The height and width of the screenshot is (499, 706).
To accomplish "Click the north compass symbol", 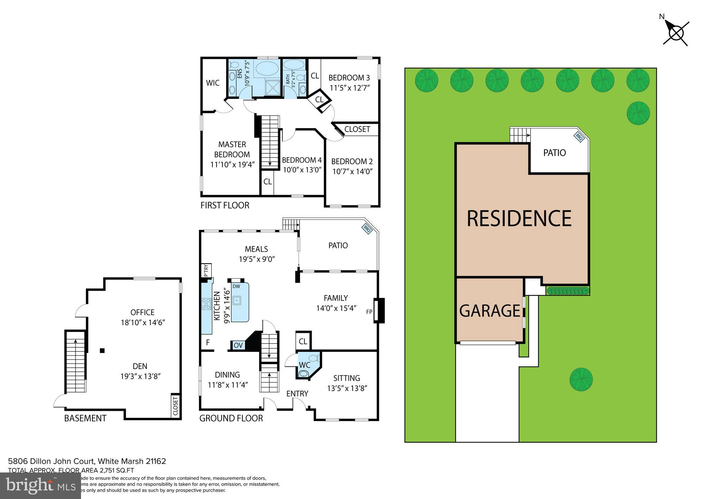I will pyautogui.click(x=676, y=34).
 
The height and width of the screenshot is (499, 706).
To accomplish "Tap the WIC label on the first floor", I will pyautogui.click(x=213, y=83).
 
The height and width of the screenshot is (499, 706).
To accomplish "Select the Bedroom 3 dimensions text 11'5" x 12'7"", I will pyautogui.click(x=350, y=88).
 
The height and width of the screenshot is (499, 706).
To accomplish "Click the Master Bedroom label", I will pyautogui.click(x=232, y=149).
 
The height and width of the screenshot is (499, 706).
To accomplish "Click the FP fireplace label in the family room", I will pyautogui.click(x=369, y=312).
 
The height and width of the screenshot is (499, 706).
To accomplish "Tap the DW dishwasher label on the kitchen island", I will pyautogui.click(x=236, y=286).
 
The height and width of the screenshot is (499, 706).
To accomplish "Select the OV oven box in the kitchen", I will pyautogui.click(x=238, y=345).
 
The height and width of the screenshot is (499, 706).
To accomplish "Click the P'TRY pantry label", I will pyautogui.click(x=206, y=271).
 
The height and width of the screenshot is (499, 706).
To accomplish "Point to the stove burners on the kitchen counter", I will pyautogui.click(x=206, y=304).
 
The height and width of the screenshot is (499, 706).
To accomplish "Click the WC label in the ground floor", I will pyautogui.click(x=304, y=365).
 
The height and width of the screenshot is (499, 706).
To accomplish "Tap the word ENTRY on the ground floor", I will pyautogui.click(x=297, y=394).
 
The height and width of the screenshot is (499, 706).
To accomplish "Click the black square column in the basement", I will pyautogui.click(x=102, y=351).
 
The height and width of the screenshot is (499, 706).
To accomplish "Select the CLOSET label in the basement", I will pyautogui.click(x=175, y=406).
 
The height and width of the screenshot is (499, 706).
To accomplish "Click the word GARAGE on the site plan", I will pyautogui.click(x=490, y=310).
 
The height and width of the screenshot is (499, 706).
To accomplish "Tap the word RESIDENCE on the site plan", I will pyautogui.click(x=519, y=218).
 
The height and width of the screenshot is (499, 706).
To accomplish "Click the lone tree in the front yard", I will pyautogui.click(x=581, y=379).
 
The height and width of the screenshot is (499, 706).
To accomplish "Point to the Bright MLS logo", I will pyautogui.click(x=40, y=486).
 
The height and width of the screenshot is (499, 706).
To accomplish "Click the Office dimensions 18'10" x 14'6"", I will pyautogui.click(x=142, y=323).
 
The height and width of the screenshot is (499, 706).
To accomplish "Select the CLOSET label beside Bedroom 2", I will pyautogui.click(x=357, y=129).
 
